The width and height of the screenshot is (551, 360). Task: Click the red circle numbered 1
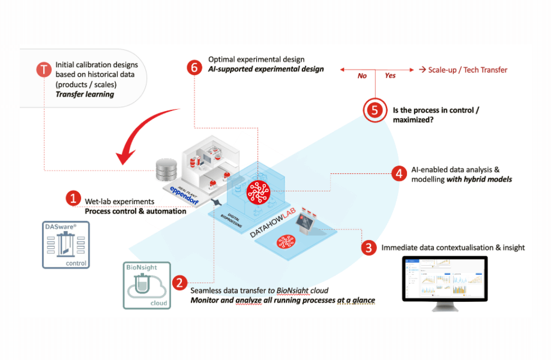coord(73,198)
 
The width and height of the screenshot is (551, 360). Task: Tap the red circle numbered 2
coord(178,282)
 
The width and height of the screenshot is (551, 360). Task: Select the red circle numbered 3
coord(369,247)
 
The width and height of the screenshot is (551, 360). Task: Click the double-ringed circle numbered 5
coord(375,110)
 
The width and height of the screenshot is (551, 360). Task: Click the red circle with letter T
coord(43,70)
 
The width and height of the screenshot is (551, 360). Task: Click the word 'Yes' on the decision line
coord(390,76)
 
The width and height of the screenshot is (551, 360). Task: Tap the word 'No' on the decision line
coord(362,76)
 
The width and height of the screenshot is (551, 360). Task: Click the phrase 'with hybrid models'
coord(479,179)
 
